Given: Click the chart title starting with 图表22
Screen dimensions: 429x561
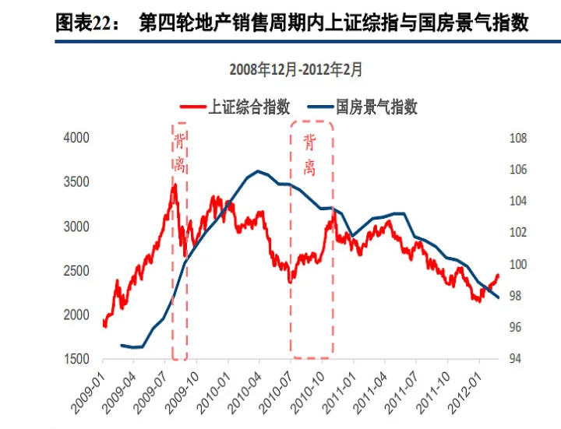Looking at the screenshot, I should pos(291,23).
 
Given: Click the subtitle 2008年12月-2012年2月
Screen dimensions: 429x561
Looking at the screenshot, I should pos(296,69).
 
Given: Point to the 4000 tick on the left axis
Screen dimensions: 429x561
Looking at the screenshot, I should pos(76,138).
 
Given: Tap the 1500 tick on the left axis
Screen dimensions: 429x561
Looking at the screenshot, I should pos(76,360).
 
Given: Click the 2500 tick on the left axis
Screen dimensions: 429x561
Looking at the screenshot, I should pos(76,271).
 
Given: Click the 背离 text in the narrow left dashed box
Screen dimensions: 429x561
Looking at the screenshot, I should pos(179,153).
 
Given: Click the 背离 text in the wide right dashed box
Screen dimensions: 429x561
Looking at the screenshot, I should pos(309,155).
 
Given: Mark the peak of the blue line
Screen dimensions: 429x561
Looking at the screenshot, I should pos(258,171).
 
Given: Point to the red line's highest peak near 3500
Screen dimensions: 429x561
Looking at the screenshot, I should pos(175,185).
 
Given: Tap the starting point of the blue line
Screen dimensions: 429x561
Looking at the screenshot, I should pos(122,345).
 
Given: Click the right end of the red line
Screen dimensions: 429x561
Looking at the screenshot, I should pos(499,274).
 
